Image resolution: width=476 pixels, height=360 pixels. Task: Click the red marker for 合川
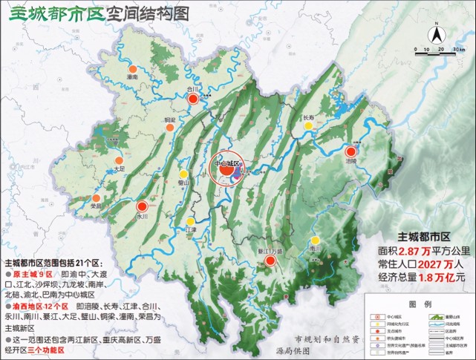(x=192, y=99)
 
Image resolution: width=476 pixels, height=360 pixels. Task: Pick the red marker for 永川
(x=142, y=207)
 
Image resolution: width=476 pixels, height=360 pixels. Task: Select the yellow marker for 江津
(x=191, y=221)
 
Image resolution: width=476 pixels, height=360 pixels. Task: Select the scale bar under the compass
(x=439, y=50)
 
